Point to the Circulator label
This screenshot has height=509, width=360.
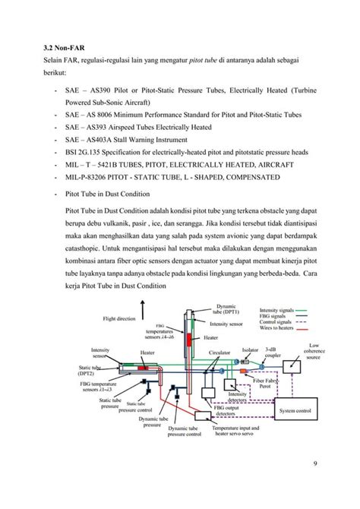(x=219, y=353)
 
